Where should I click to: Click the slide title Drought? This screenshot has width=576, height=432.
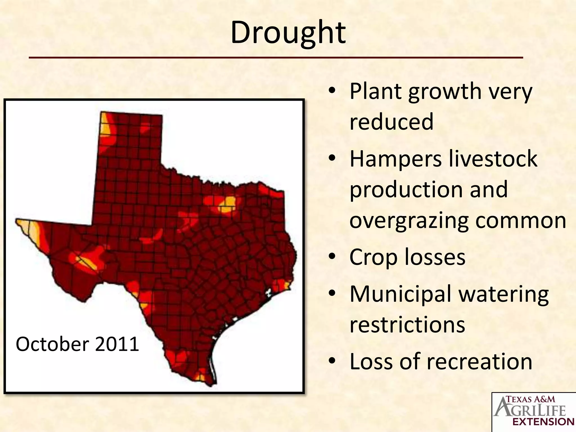(x=288, y=33)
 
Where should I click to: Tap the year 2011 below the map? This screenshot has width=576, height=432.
(x=117, y=344)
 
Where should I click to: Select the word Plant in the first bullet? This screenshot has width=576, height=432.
(x=375, y=92)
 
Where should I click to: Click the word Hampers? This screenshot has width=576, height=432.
(x=395, y=159)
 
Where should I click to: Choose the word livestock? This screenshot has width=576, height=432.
(x=492, y=159)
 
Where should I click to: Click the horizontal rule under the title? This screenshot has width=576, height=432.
(x=276, y=58)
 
